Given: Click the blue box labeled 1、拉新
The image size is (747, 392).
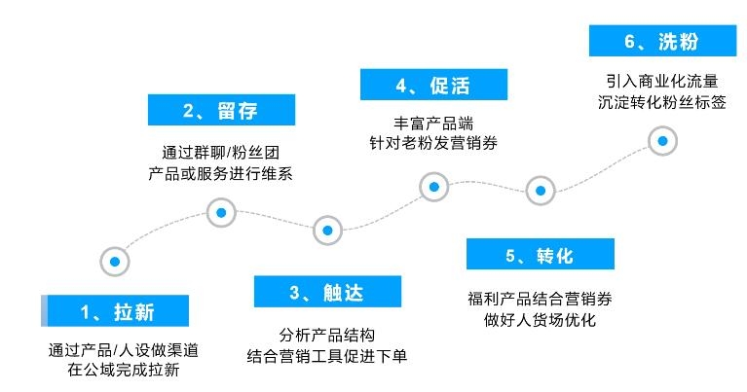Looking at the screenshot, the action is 115,310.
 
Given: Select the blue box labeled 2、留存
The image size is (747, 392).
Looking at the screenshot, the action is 221,110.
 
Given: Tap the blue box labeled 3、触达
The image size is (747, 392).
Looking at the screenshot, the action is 328,292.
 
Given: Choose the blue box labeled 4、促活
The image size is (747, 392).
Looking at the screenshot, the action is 434,85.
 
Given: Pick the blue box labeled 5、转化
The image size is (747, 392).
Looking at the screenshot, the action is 541,254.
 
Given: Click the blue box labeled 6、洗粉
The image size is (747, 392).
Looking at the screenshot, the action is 662,41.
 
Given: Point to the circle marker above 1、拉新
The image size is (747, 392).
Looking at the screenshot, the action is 115,262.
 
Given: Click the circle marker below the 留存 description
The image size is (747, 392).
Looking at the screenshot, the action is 221,213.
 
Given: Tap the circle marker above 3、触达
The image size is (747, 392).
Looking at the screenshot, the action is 327,231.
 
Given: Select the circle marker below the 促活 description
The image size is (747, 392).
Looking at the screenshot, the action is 434,187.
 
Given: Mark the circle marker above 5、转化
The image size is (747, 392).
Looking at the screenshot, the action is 541,191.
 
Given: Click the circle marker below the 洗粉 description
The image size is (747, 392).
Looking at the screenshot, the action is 662,141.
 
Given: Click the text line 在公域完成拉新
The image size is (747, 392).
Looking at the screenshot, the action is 124,370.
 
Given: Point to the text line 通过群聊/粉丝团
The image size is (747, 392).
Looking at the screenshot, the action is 220,153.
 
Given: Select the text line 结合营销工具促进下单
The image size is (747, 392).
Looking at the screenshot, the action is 327,356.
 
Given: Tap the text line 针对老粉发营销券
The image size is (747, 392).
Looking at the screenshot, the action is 433,143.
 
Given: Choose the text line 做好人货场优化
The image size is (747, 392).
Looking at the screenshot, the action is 540,320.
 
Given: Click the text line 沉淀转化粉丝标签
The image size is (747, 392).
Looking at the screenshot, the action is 662,102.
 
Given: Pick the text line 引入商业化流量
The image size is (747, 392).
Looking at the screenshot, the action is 662,81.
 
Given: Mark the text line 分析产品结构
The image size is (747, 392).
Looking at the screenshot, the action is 327,335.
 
